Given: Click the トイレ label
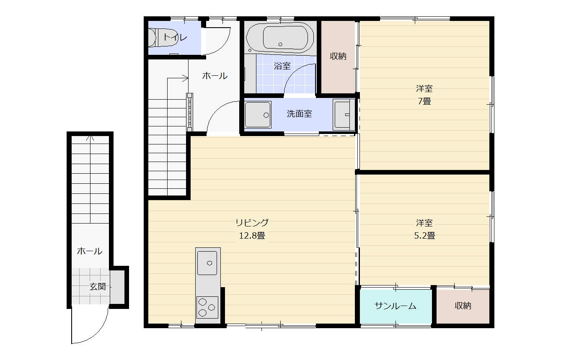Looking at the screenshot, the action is tap(175, 37).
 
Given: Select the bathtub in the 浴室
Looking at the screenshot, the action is tap(280, 38).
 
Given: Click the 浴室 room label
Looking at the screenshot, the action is tap(282, 66).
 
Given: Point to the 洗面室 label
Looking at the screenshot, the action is tap(299, 114).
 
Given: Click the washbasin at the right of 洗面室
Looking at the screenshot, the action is tap(344, 115).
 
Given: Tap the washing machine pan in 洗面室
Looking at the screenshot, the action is tap(258, 115).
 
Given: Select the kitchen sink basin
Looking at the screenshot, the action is tap(207, 263).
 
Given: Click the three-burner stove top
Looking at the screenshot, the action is tap(207, 307).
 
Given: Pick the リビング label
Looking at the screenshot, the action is tap(252, 222).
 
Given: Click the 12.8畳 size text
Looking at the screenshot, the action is tap(252, 235).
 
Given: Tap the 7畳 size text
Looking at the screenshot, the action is tap(424, 101).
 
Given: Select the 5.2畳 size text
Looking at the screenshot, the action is tap(424, 235).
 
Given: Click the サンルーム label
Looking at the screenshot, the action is tap(396, 306).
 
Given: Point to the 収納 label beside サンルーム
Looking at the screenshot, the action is tap(463, 306).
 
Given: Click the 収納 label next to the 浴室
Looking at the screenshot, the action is tap(338, 56).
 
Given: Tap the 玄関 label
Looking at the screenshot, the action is tap(98, 287).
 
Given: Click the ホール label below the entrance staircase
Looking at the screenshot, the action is tap(89, 251).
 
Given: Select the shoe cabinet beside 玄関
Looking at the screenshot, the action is tap(117, 287).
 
